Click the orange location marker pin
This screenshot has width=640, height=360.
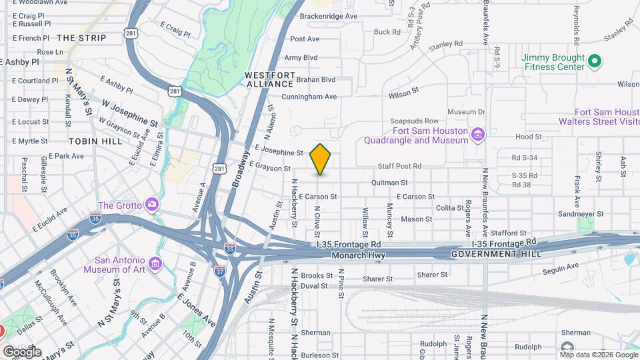coord(321,159)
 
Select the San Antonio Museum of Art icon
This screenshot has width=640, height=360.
coord(155,265)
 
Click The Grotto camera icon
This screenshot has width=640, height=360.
coord(152,204)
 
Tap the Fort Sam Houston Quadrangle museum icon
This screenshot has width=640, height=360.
coord(477,135)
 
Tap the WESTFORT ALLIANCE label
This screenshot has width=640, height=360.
coord(269,79)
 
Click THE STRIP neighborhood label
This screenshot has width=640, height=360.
coord(82,38)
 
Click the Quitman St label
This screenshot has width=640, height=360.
coord(389,182)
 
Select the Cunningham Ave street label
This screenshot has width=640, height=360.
coord(309,97)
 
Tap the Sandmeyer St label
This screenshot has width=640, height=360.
coord(580,215)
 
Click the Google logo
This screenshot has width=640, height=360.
coord(22,351)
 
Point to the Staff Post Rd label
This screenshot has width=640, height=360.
coord(400,165)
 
